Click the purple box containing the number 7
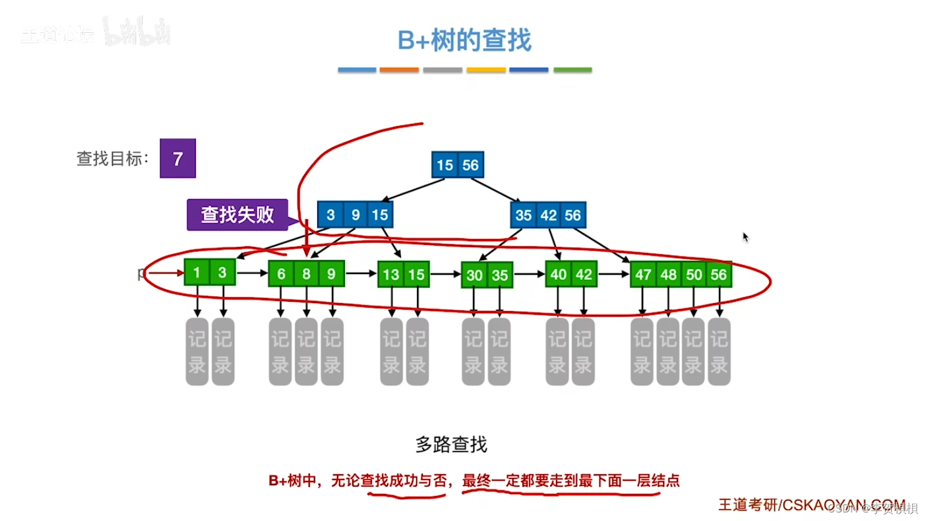point(177,158)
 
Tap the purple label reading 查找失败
point(237,215)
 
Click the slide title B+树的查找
point(464,40)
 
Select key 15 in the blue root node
point(445,164)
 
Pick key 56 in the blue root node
point(470,164)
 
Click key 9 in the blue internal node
point(355,215)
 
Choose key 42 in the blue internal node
point(548,215)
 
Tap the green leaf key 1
point(197,273)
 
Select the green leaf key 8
point(306,273)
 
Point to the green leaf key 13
point(391,274)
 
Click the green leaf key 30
point(474,275)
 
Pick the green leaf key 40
point(558,273)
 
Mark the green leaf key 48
point(668,274)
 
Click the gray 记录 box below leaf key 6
point(280,351)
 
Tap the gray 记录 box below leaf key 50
point(693,351)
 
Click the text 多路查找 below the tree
point(451,444)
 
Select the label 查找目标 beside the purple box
point(112,159)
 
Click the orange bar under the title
point(399,70)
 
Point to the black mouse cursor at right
point(746,237)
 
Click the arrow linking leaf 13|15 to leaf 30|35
point(445,273)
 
